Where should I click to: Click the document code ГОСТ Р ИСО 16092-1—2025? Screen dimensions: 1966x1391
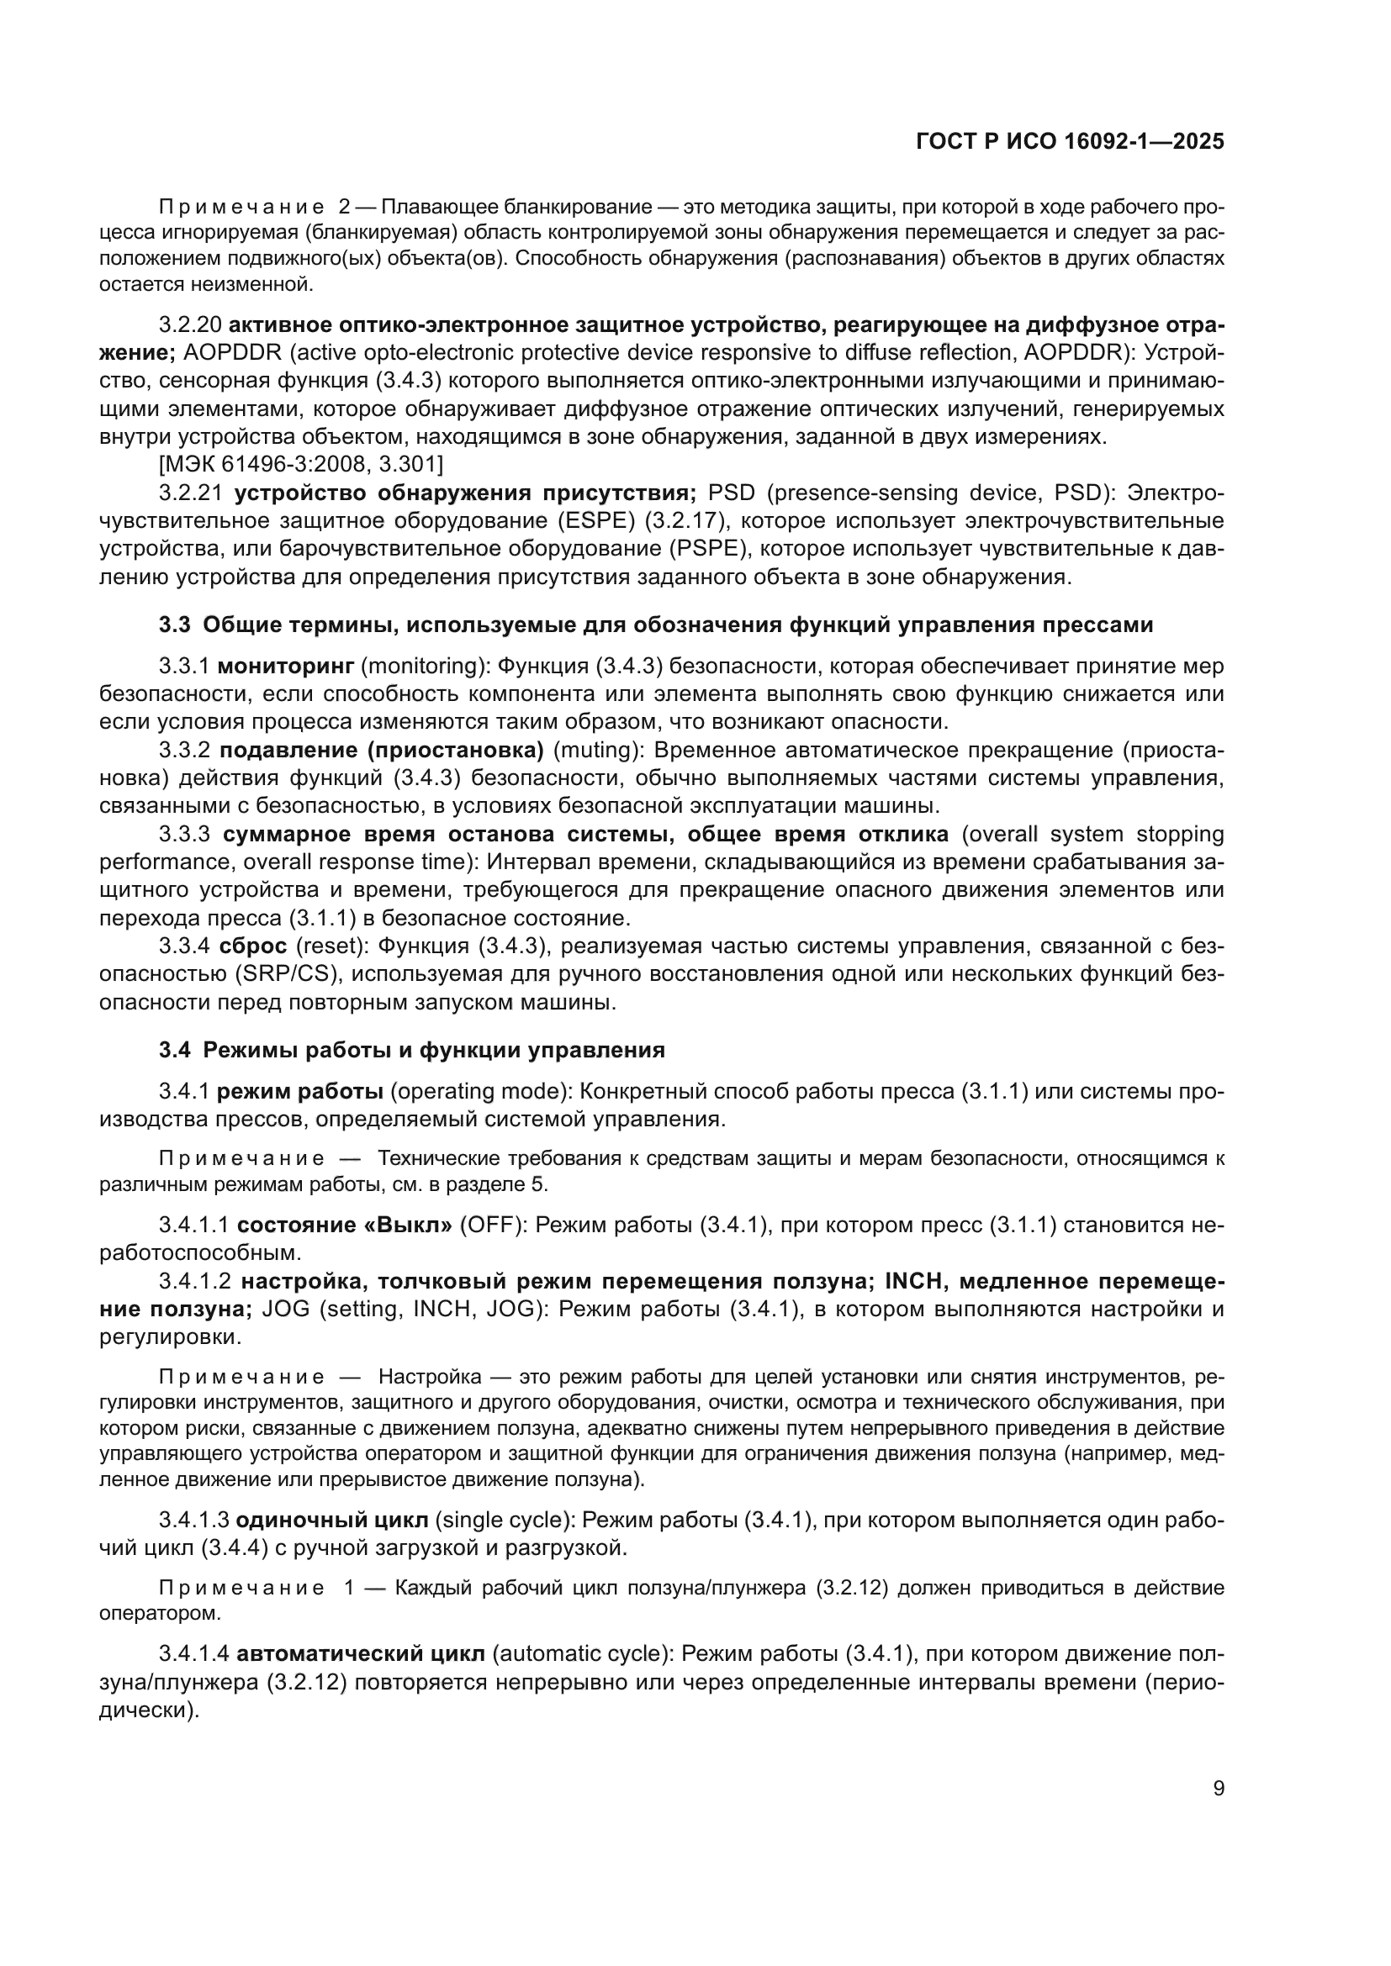[x=1069, y=141]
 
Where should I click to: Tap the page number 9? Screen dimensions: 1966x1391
[x=1218, y=1789]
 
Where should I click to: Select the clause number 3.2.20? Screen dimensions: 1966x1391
[x=190, y=325]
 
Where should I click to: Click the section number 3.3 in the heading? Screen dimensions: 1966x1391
[x=174, y=625]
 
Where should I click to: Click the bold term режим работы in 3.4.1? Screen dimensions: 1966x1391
[x=299, y=1092]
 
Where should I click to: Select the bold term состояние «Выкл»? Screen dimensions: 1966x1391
[x=344, y=1225]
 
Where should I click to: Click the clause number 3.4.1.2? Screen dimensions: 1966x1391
[x=195, y=1282]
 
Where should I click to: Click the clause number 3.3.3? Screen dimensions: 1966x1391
[x=185, y=834]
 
